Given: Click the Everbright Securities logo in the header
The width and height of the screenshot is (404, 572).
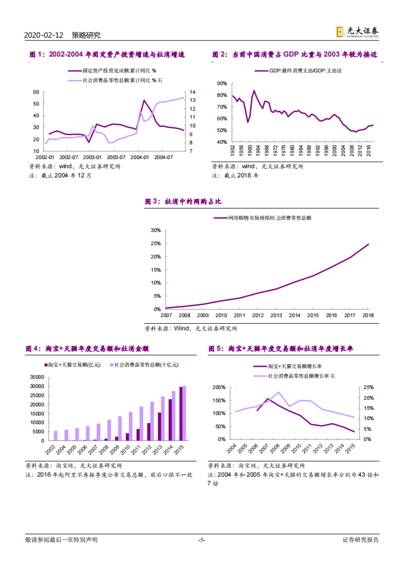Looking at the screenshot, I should pyautogui.click(x=357, y=32).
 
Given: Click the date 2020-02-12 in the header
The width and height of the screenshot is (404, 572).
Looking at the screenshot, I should pyautogui.click(x=43, y=35).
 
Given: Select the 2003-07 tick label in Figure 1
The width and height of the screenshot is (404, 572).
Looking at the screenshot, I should pyautogui.click(x=116, y=157).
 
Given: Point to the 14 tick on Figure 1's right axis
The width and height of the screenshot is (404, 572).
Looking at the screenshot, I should pyautogui.click(x=192, y=92).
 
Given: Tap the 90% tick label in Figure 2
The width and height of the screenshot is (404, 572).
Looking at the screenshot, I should pyautogui.click(x=222, y=84).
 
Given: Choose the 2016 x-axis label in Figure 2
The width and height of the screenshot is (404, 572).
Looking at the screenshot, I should pyautogui.click(x=368, y=150).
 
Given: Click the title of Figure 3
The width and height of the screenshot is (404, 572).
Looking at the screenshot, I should pyautogui.click(x=183, y=201).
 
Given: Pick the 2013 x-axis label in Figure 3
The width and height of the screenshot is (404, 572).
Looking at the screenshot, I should pyautogui.click(x=276, y=315).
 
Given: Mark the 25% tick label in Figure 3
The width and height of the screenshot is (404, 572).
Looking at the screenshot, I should pyautogui.click(x=156, y=244).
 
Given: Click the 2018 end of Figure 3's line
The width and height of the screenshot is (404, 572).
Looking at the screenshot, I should pyautogui.click(x=368, y=244).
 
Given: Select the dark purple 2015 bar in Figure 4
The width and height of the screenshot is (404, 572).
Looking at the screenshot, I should pyautogui.click(x=181, y=414).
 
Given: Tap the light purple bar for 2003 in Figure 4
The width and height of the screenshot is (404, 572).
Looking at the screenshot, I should pyautogui.click(x=56, y=436).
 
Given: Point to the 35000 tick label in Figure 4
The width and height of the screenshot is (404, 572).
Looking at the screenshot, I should pyautogui.click(x=37, y=377).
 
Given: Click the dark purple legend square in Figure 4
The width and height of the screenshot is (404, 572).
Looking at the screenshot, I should pyautogui.click(x=46, y=365).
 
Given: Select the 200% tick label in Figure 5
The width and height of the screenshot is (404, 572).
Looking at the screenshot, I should pyautogui.click(x=219, y=387).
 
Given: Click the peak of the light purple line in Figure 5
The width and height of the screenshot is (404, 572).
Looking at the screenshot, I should pyautogui.click(x=278, y=392).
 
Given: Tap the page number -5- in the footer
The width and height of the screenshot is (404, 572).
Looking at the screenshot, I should pyautogui.click(x=201, y=540).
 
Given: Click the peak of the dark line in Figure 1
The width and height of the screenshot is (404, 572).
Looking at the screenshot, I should pyautogui.click(x=144, y=100).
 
